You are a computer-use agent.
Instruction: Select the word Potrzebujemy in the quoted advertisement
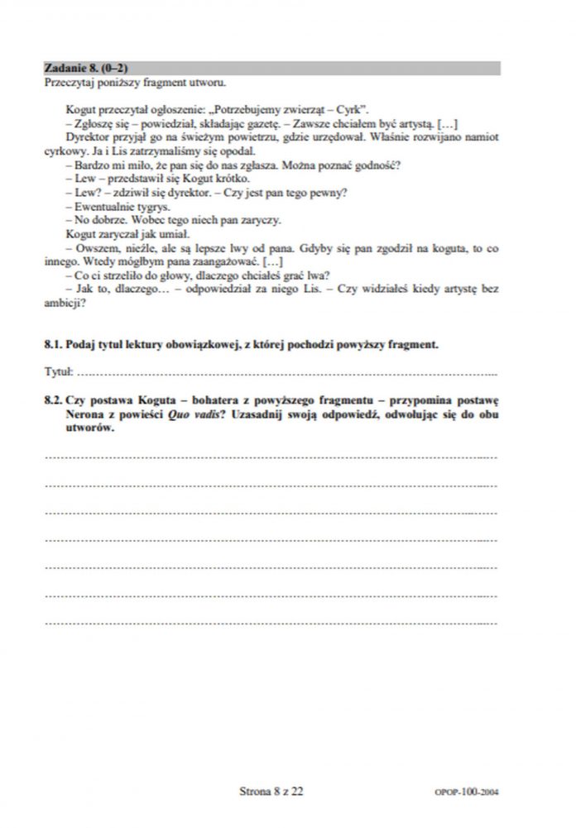[x=250, y=109]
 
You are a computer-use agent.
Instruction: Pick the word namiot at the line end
[x=478, y=136]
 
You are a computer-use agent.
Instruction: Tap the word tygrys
[x=156, y=205]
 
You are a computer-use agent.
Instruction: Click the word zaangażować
[x=236, y=261]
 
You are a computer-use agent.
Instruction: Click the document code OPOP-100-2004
[x=466, y=792]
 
